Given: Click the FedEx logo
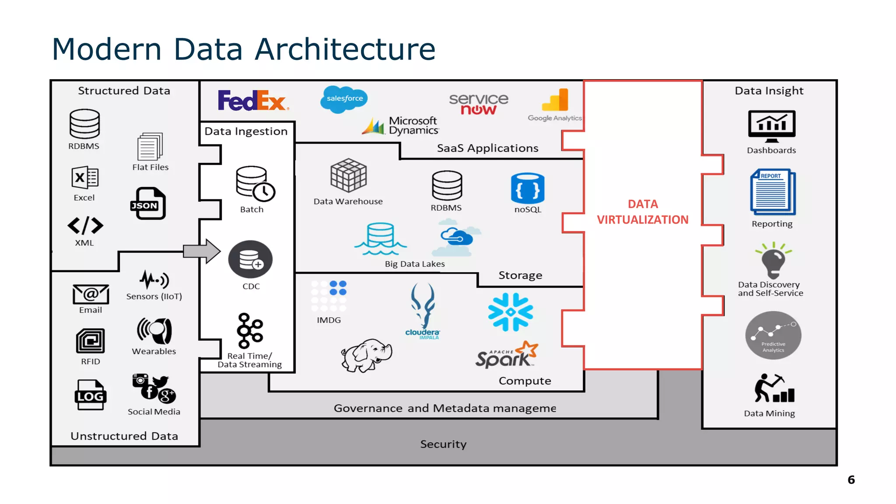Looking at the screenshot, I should (252, 101).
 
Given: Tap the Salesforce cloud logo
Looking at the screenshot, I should (344, 99).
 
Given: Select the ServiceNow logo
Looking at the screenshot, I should (479, 104).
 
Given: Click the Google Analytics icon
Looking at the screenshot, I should (556, 101).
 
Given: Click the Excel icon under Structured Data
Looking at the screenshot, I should (85, 178).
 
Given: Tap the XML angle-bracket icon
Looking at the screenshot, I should (85, 226).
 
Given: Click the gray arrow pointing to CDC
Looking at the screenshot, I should (202, 252).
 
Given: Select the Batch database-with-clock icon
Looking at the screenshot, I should (255, 184).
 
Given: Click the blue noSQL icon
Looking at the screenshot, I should (528, 189).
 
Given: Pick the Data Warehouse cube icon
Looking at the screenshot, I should (348, 176).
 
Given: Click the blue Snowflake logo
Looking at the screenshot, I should (511, 312).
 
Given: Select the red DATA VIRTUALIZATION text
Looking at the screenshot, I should (643, 212).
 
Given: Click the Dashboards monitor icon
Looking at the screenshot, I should (772, 126).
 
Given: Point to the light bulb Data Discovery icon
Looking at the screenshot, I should (773, 261).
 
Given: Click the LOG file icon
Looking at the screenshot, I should (90, 395).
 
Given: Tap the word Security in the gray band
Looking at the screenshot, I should (443, 444).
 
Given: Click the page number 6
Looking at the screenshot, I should (851, 480).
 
